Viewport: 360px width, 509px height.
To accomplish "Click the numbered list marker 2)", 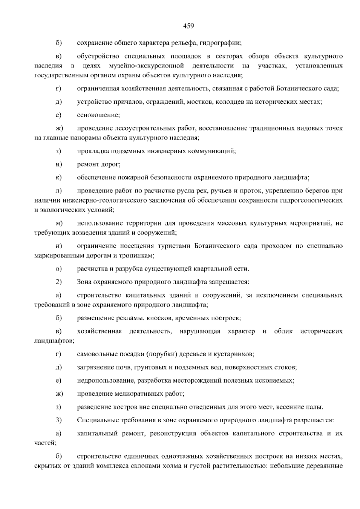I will (58, 282).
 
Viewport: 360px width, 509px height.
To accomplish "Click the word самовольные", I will (94, 354).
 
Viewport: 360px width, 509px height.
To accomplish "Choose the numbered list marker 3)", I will (58, 420).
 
